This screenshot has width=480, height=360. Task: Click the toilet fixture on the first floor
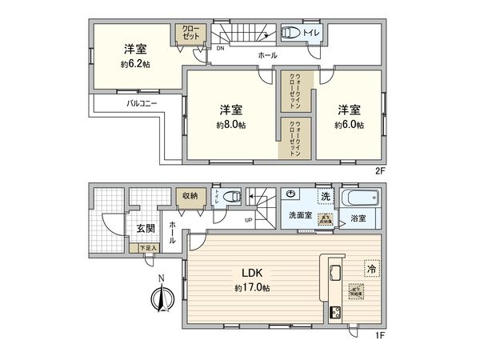[231, 196]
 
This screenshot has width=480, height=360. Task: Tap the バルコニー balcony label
[143, 104]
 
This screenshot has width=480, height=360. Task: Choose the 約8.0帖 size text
[230, 126]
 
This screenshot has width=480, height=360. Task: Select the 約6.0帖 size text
[349, 126]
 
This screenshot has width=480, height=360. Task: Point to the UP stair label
[249, 220]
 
